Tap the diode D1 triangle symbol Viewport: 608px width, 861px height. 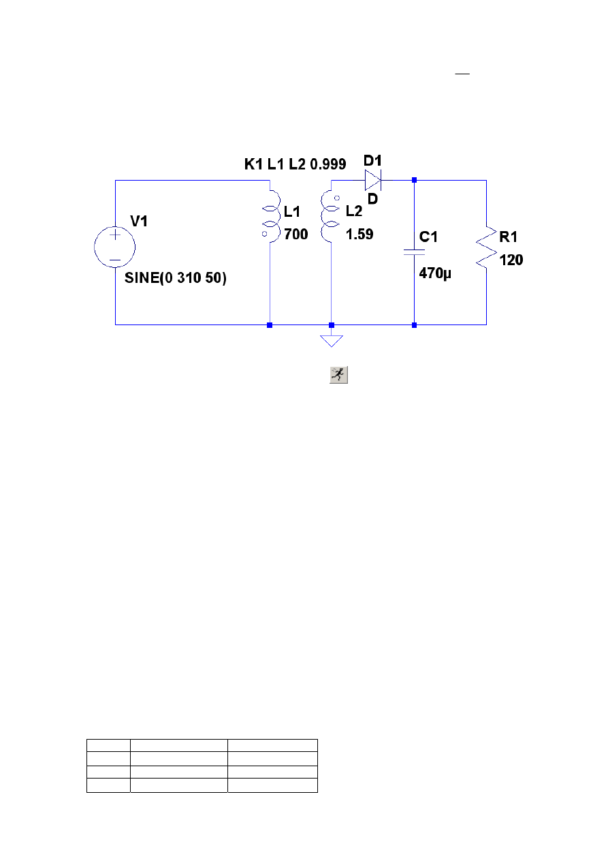pos(372,180)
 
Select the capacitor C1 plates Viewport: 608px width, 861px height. pos(414,252)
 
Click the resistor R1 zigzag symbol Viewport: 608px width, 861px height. pos(486,247)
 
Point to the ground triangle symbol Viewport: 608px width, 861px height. pos(332,341)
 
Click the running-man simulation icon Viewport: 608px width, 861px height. pos(338,375)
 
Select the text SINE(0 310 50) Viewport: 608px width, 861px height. pos(176,278)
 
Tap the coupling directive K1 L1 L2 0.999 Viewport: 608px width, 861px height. pos(295,164)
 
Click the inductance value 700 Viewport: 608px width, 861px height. pos(296,234)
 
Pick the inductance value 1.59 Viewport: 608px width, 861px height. pos(359,234)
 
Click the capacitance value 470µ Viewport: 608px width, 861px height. pos(435,273)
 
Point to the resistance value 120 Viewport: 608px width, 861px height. pos(511,260)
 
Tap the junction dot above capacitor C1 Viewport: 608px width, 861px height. pos(414,180)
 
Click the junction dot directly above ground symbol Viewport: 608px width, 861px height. pos(332,325)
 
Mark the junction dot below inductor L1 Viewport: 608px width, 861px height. pos(270,325)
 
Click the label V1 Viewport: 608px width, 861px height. pos(139,221)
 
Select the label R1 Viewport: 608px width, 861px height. pos(508,237)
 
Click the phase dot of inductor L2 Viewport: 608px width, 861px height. pos(337,198)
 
